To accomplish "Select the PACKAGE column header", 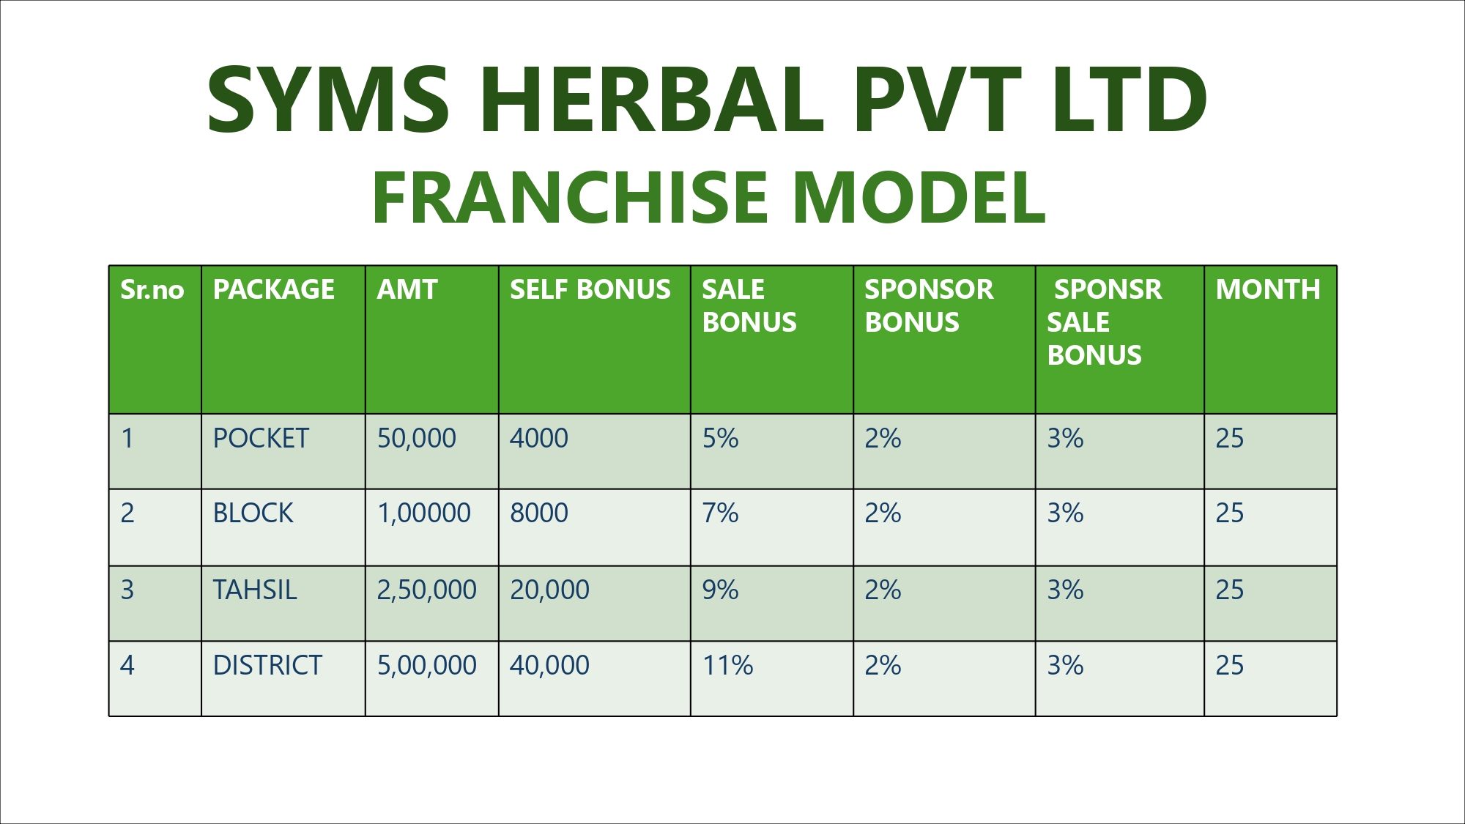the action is (274, 289).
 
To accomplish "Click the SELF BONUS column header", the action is (590, 289).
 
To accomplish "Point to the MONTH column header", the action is (1268, 289).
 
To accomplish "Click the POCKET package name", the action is (261, 438).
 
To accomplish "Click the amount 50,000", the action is (417, 438).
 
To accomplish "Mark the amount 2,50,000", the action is (427, 590).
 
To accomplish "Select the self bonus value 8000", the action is (539, 513).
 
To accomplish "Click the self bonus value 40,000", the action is (549, 665).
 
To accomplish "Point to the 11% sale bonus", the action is (728, 665).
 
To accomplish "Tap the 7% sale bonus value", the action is (721, 513).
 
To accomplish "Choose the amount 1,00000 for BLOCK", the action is (424, 513).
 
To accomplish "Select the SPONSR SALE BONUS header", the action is (1105, 322).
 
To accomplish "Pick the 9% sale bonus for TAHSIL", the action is (721, 590).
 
